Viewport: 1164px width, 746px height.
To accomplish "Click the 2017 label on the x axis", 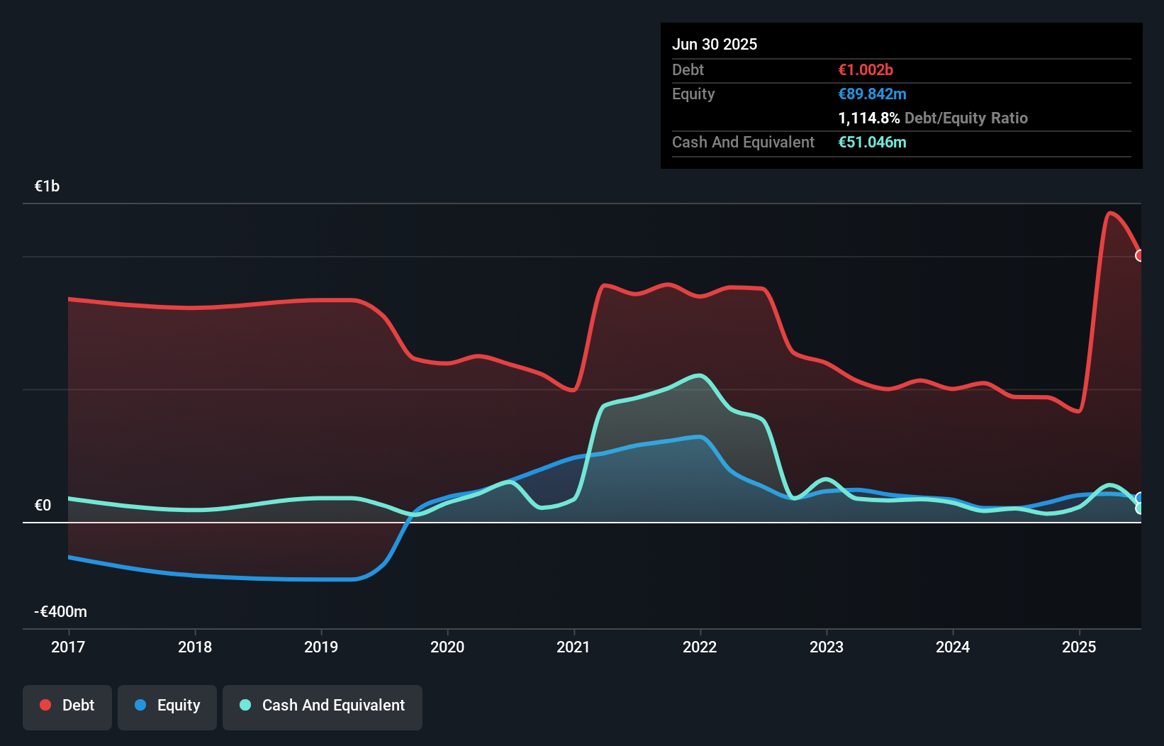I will click(68, 647).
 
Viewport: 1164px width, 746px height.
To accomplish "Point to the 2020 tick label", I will click(447, 647).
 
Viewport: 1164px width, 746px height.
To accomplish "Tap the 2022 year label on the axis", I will click(700, 647).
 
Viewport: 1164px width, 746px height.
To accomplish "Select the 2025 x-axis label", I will click(1079, 647).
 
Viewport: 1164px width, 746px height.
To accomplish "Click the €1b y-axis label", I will click(47, 186).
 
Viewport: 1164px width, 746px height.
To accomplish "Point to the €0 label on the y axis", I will click(43, 505).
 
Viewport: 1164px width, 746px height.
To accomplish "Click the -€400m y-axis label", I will click(60, 611).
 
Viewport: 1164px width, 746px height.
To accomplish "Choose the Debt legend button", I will click(67, 706).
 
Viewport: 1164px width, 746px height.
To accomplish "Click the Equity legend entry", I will click(167, 706).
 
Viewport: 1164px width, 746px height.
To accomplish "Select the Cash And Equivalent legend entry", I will click(323, 706).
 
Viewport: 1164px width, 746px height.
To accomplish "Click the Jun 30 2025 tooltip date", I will click(715, 44).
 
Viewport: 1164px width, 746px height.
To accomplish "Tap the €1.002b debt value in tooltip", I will click(866, 69).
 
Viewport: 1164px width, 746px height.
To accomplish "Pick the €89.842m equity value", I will click(872, 94).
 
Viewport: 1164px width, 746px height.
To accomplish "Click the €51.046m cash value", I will click(872, 142).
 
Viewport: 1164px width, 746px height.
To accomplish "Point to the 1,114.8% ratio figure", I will click(869, 118).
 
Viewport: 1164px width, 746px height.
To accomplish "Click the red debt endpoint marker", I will click(1139, 255).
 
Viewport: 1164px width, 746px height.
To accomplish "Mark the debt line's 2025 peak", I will click(1110, 213).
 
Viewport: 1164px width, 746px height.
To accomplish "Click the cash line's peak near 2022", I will click(700, 375).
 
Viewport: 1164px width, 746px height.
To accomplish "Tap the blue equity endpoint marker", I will click(1139, 497).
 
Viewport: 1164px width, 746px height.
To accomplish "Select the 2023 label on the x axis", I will click(827, 647).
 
